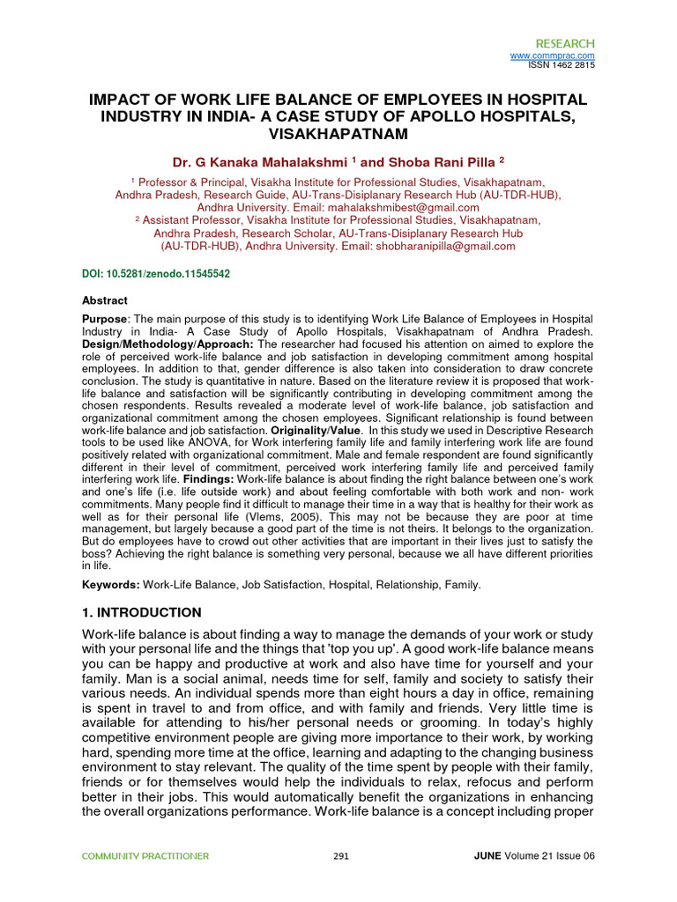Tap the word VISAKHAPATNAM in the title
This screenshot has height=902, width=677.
pos(338,134)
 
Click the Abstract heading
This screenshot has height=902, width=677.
pos(104,300)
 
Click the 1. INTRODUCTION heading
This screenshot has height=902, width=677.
pos(141,612)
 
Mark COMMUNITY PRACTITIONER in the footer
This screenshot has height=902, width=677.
pos(145,856)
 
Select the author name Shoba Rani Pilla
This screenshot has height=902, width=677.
pos(435,161)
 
